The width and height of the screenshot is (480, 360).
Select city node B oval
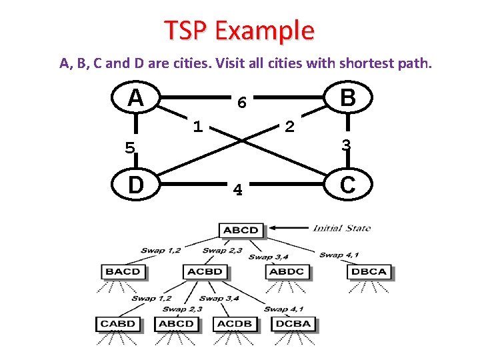pyautogui.click(x=347, y=98)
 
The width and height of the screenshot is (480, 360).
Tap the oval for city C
pyautogui.click(x=347, y=185)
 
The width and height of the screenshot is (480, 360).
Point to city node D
pyautogui.click(x=136, y=185)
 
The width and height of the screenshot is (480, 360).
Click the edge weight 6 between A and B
pyautogui.click(x=243, y=103)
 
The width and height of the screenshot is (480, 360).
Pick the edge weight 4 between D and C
pyautogui.click(x=237, y=191)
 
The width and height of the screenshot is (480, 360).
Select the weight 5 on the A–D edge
pyautogui.click(x=130, y=147)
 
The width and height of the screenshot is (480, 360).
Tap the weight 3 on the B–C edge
pyautogui.click(x=346, y=144)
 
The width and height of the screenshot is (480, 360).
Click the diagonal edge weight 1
pyautogui.click(x=197, y=125)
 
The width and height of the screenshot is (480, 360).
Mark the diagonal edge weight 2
pyautogui.click(x=289, y=126)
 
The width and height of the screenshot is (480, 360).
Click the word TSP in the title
pyautogui.click(x=186, y=31)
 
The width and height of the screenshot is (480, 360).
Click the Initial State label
pyautogui.click(x=341, y=228)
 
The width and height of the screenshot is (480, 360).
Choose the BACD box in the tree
pyautogui.click(x=123, y=271)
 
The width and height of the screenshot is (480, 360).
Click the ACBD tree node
pyautogui.click(x=205, y=271)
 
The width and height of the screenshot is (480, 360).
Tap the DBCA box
pyautogui.click(x=369, y=271)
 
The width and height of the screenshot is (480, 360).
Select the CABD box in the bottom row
pyautogui.click(x=118, y=323)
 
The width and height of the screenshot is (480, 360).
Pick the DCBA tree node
pyautogui.click(x=292, y=323)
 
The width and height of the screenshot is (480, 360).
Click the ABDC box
pyautogui.click(x=287, y=271)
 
